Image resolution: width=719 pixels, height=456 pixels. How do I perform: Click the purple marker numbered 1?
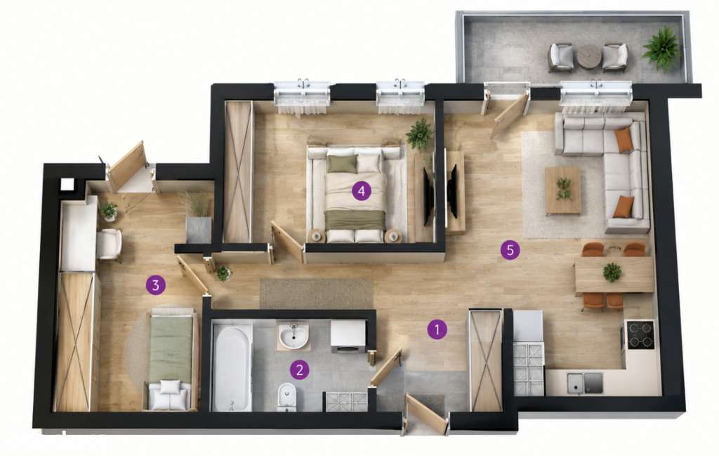tap(437, 330)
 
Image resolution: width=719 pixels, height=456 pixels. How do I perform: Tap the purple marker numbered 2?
tap(299, 370)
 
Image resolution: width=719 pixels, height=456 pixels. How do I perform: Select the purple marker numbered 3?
tap(155, 285)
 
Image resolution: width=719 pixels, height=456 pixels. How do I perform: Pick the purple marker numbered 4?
tap(362, 191)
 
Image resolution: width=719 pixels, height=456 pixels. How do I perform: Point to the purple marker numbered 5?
tap(510, 250)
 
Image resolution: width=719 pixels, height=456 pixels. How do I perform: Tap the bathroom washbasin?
tap(293, 336)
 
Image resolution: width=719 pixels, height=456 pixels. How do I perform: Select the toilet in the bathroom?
tap(287, 396)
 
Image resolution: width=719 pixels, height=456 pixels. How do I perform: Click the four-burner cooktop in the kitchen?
tap(640, 335)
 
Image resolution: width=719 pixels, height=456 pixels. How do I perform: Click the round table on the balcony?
tap(588, 56)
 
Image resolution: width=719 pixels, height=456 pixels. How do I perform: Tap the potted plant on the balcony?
tap(661, 48)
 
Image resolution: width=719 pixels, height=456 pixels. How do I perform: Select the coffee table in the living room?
tap(563, 190)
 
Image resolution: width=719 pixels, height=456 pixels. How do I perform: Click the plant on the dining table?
tap(612, 272)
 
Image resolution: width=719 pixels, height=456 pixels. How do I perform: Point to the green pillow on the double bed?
tap(342, 164)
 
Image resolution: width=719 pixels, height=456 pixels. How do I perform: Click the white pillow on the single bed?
tap(170, 386)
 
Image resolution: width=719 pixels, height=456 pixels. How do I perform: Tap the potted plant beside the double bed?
tap(419, 134)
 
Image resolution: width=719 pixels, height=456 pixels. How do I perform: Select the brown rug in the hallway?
tap(316, 294)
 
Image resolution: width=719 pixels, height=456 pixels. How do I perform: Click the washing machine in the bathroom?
tap(348, 337)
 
